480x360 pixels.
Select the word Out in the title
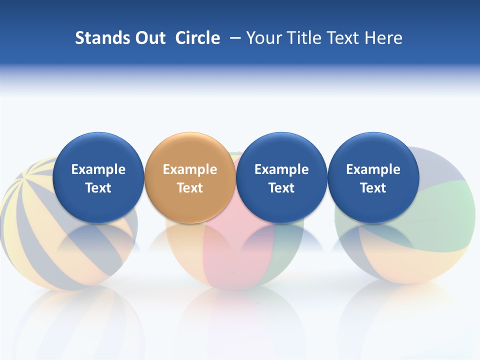click(x=149, y=38)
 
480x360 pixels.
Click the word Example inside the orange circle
click(x=190, y=169)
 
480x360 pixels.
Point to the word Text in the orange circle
click(x=190, y=188)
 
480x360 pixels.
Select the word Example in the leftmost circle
click(x=98, y=169)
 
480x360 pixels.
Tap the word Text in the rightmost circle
click(x=373, y=188)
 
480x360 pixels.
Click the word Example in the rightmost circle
click(x=373, y=169)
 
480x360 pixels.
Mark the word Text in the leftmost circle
click(x=98, y=188)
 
